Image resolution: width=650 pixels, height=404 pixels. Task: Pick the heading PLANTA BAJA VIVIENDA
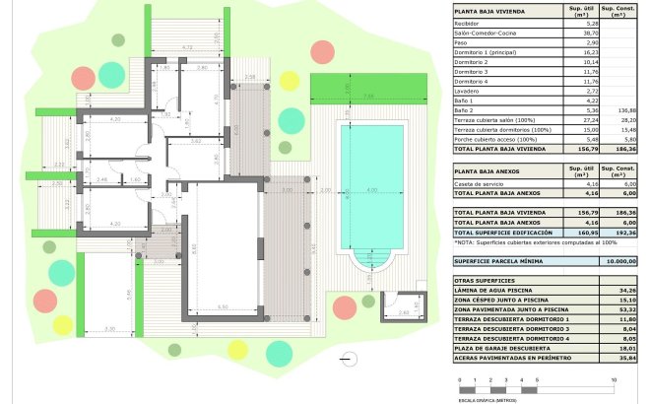point(489,12)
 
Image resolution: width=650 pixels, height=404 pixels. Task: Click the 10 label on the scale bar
point(614,379)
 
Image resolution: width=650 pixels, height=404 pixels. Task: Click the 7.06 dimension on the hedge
point(367,97)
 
